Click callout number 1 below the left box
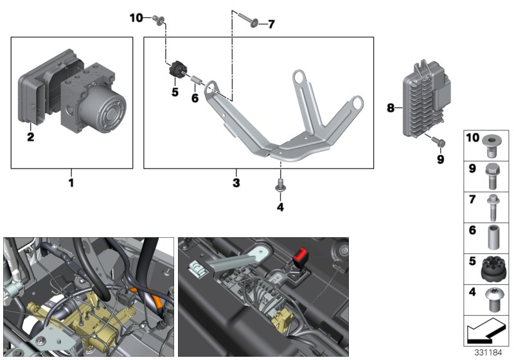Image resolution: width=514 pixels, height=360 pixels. point(71,183)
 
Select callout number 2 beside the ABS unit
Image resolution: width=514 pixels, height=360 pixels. point(30,136)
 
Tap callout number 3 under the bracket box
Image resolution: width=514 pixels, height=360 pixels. point(236,183)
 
